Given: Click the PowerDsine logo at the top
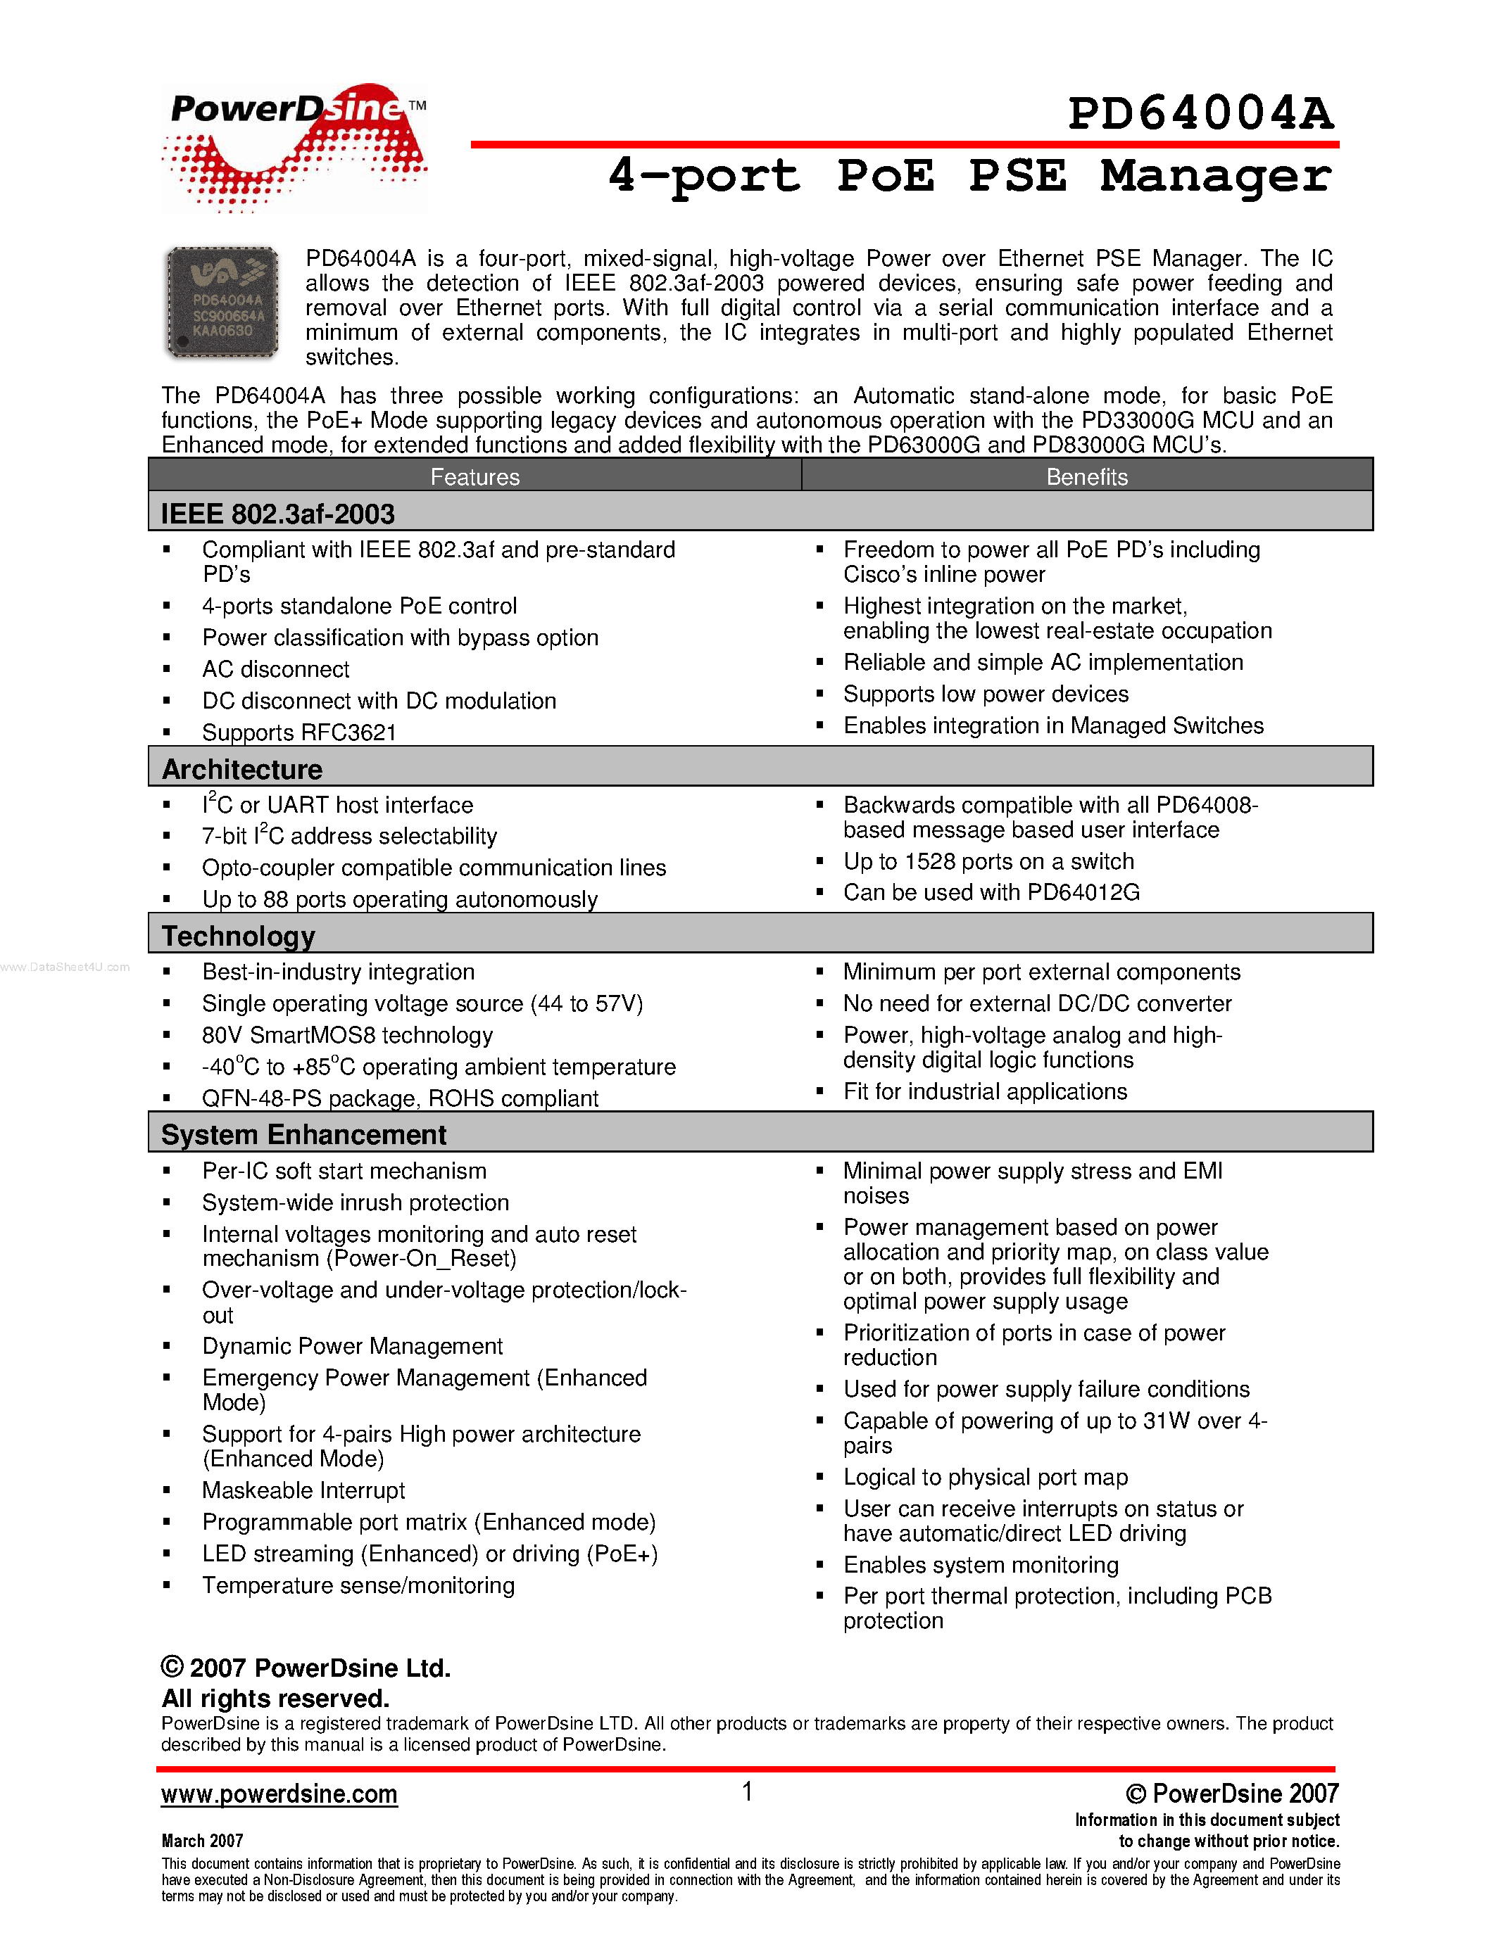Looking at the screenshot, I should click(294, 146).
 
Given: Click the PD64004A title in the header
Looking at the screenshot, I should click(1200, 113).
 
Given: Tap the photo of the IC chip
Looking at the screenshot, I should click(222, 302).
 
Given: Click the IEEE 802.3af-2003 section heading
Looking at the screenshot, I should click(277, 514).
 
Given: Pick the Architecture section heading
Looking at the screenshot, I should click(242, 769).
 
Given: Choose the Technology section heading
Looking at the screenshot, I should click(239, 936).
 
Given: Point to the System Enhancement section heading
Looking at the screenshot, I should click(303, 1134).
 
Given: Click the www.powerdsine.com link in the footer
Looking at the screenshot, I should click(279, 1794).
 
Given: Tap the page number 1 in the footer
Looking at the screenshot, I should click(747, 1791).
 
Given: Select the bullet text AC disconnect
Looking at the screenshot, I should click(276, 669).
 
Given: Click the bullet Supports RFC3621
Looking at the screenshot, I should click(298, 732).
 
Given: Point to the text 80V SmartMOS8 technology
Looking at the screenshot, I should click(347, 1035).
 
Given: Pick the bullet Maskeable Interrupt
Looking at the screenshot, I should click(303, 1490).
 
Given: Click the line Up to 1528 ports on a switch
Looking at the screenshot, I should click(988, 861).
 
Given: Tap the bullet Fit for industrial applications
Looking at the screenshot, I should click(985, 1091).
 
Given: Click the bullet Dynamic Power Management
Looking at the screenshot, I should click(352, 1346).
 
